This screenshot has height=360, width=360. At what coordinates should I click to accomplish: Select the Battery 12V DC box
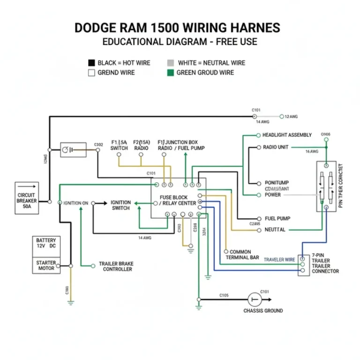point(46,243)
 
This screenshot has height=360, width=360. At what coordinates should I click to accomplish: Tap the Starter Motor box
point(46,265)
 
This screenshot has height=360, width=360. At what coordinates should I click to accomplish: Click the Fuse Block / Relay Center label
point(177,201)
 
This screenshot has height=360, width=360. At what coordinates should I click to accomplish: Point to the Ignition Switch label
point(120,205)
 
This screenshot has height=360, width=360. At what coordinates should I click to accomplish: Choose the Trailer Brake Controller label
point(116,266)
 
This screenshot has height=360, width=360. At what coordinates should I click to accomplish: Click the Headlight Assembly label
point(287,135)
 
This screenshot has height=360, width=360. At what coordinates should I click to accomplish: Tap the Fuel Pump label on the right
point(277,218)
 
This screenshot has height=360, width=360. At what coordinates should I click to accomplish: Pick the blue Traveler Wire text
point(279,259)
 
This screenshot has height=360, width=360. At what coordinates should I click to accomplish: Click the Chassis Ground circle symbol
point(255,299)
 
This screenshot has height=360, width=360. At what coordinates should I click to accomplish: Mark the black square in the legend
point(91,63)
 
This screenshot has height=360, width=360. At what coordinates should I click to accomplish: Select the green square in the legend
point(171,73)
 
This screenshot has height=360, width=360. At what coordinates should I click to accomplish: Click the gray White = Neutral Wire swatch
point(171,63)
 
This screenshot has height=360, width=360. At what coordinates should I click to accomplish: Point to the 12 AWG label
point(291,116)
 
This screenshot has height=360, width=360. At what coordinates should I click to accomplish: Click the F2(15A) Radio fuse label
point(141,145)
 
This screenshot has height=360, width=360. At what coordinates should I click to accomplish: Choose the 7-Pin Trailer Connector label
point(325,263)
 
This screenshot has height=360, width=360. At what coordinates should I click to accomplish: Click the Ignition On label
point(76,203)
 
